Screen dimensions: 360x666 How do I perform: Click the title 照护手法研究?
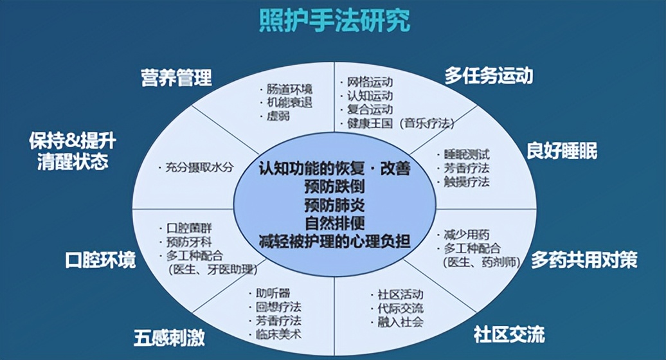pyautogui.click(x=333, y=22)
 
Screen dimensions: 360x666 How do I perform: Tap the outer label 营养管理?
pyautogui.click(x=176, y=78)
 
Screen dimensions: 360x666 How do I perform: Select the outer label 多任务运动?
pyautogui.click(x=489, y=76)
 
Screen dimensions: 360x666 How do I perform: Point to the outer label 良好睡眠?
pyautogui.click(x=562, y=151)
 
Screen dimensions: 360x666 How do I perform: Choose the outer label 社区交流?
pyautogui.click(x=509, y=334)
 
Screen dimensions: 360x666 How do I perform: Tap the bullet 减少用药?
pyautogui.click(x=466, y=235)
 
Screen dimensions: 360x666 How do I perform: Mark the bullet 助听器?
pyautogui.click(x=271, y=293)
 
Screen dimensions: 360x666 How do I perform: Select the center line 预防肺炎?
pyautogui.click(x=334, y=206)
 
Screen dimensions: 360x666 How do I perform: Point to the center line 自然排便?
pyautogui.click(x=334, y=224)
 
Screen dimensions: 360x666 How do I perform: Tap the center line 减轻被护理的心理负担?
pyautogui.click(x=334, y=242)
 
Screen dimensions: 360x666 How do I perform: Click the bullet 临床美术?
pyautogui.click(x=276, y=334)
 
